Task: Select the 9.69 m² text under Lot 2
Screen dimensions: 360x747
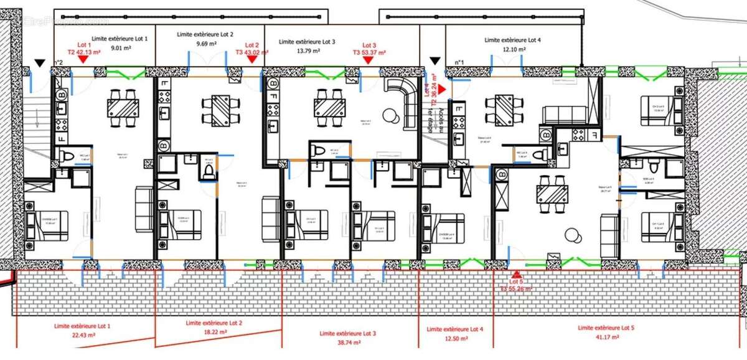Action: (206, 44)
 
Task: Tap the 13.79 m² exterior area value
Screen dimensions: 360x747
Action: (307, 52)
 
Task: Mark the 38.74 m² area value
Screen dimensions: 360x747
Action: (347, 343)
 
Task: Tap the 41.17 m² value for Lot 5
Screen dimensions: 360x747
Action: (605, 337)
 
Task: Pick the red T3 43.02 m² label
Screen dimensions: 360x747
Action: (251, 53)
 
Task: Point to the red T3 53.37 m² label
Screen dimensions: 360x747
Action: (369, 53)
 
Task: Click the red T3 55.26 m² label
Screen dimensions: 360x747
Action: (516, 289)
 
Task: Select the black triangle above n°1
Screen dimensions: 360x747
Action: (435, 61)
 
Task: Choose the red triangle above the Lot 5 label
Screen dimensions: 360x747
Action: (516, 274)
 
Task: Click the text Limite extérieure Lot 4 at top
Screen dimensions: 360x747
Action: (512, 40)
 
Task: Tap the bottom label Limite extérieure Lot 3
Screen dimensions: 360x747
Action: (347, 334)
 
